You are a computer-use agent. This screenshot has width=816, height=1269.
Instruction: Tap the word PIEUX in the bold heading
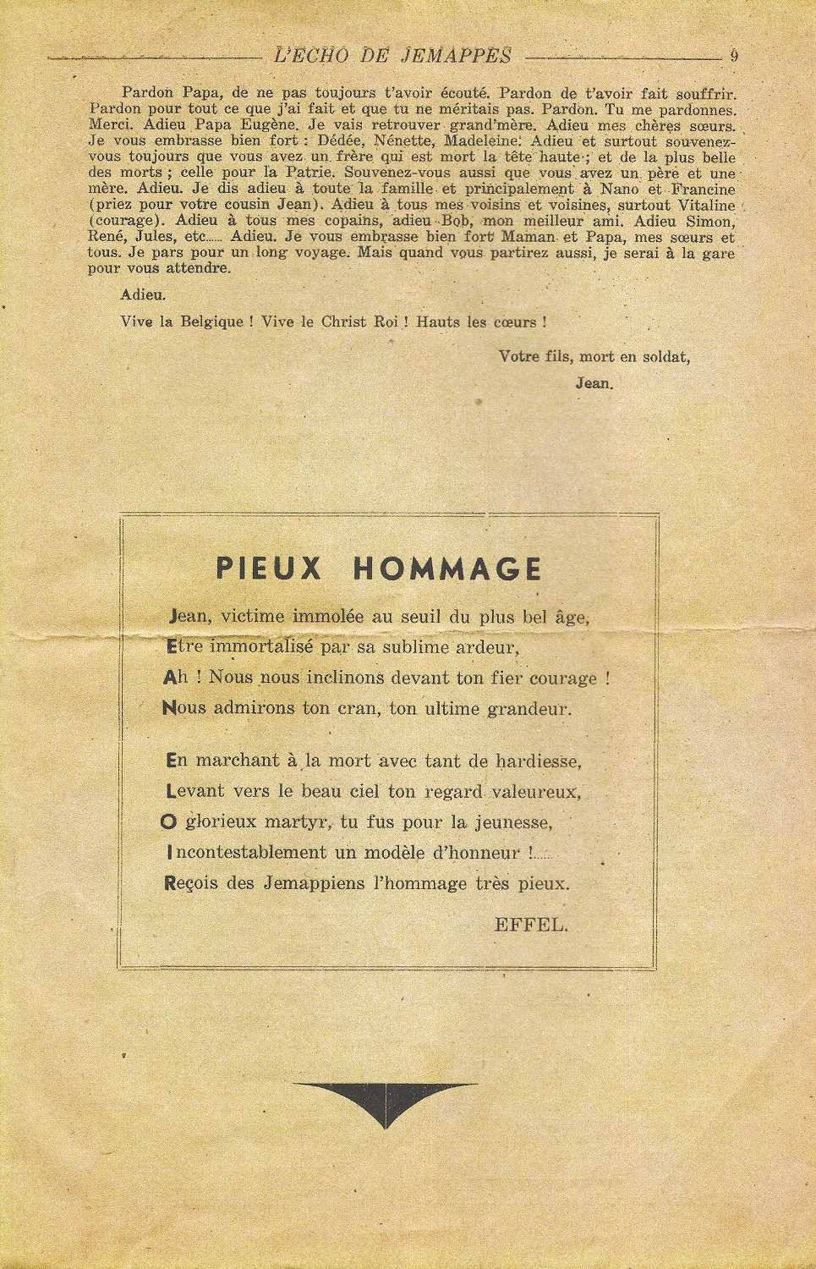click(x=270, y=569)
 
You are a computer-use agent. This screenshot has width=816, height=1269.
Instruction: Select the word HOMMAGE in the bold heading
click(x=446, y=569)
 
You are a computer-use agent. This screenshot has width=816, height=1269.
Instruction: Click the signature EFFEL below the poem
click(x=530, y=924)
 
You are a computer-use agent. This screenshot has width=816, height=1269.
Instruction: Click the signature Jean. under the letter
click(x=594, y=382)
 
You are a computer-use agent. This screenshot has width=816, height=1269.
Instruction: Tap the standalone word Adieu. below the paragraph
click(x=144, y=295)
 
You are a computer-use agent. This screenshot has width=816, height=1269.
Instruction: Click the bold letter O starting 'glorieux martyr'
click(x=167, y=821)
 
